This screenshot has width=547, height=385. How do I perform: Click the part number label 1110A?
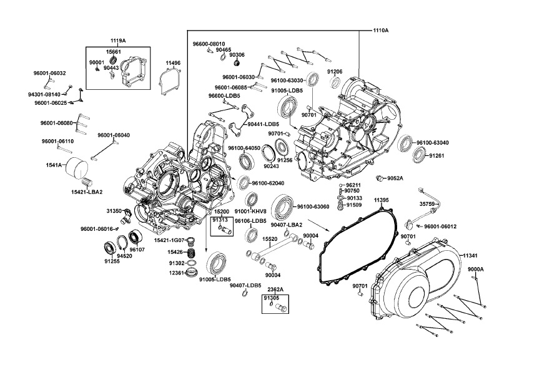[380, 30]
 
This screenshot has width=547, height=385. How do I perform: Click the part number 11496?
[173, 63]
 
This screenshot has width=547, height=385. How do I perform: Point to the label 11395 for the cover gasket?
[382, 200]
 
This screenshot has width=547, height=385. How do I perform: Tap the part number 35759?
[427, 203]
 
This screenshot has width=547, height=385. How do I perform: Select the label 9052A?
[395, 178]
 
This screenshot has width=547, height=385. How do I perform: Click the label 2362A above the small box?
[276, 290]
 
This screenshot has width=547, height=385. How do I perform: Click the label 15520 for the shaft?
[270, 238]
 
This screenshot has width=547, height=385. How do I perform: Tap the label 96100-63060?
[313, 207]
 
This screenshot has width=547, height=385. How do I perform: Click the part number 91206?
[335, 72]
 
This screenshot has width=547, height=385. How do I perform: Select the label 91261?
[436, 155]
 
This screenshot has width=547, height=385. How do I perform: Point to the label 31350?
[114, 211]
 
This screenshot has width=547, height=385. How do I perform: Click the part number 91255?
[112, 261]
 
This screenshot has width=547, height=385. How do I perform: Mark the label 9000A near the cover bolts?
[476, 269]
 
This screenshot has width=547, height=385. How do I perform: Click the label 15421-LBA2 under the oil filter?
[87, 192]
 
